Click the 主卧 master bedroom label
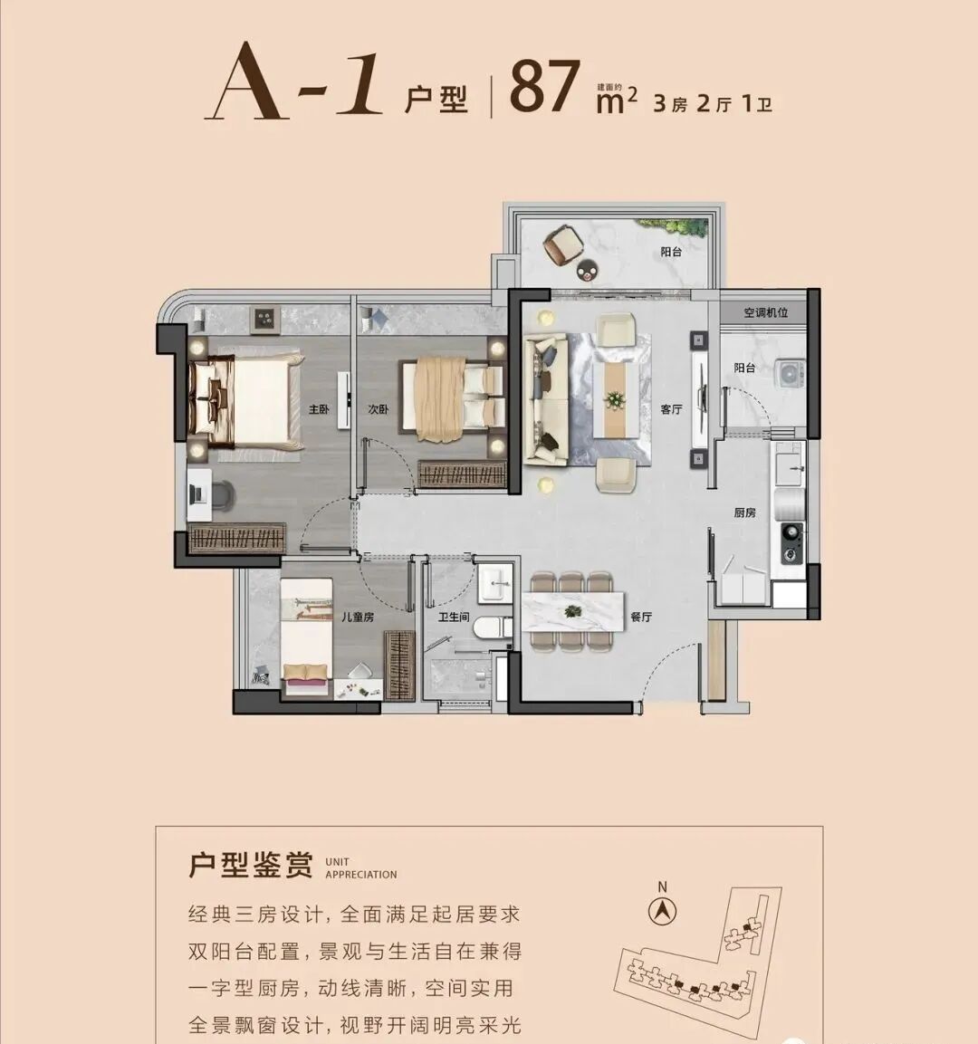[319, 410]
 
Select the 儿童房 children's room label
[357, 617]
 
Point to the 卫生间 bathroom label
[454, 617]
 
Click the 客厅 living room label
[671, 410]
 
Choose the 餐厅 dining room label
[641, 617]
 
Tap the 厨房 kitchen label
[744, 512]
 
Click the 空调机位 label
[766, 312]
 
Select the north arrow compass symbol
[663, 911]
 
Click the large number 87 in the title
[544, 89]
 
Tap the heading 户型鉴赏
[250, 865]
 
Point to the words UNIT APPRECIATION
[360, 868]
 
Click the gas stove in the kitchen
[791, 533]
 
